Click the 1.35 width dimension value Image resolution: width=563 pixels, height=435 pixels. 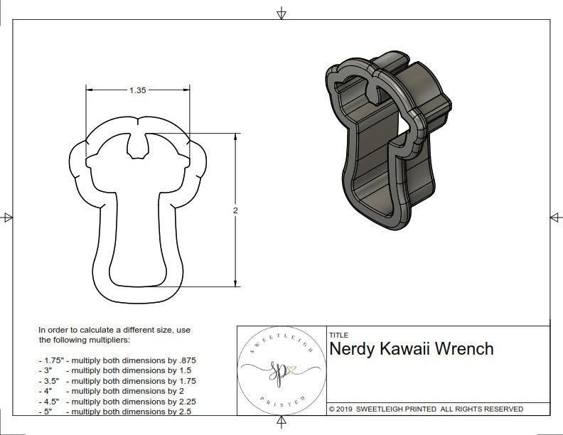click(x=137, y=90)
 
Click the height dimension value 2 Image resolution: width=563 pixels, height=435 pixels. click(x=235, y=210)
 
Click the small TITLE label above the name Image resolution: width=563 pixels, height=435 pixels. click(x=338, y=335)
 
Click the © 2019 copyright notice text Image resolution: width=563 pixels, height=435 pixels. click(x=426, y=409)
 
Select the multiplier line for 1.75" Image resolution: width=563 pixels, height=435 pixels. click(x=117, y=360)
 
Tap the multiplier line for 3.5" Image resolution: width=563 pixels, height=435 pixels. click(x=117, y=381)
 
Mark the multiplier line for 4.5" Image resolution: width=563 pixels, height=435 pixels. click(x=117, y=401)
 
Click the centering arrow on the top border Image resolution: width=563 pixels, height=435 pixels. click(x=282, y=14)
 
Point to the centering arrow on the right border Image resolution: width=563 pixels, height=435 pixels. click(x=554, y=217)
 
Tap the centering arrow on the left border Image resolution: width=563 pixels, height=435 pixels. click(x=8, y=217)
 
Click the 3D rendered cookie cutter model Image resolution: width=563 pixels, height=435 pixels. click(x=385, y=142)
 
